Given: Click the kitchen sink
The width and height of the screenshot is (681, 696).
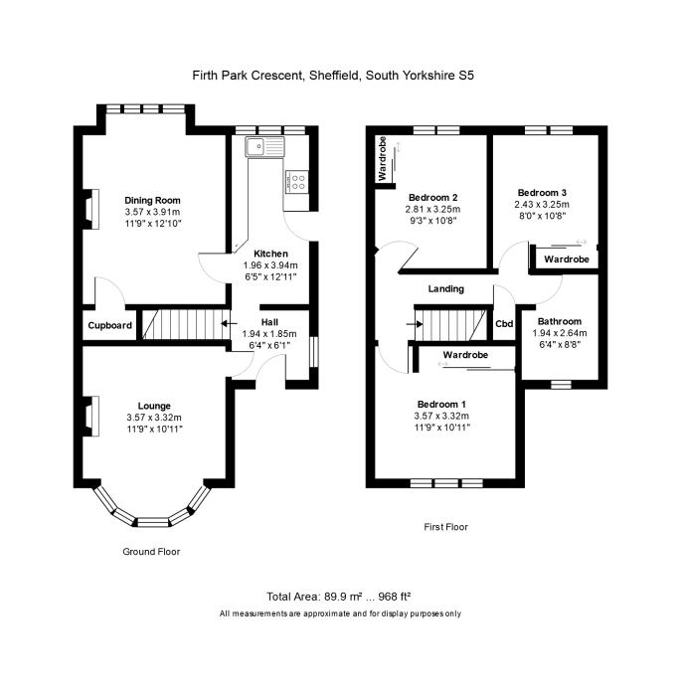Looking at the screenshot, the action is coord(265,146).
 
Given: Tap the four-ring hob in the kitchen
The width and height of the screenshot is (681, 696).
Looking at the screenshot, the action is coord(297,182).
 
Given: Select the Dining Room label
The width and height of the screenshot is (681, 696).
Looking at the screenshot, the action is coord(152,200).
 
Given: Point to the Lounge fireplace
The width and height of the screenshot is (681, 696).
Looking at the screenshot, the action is coord(90,417).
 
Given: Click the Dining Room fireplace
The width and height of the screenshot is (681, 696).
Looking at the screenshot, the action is coord(90,209).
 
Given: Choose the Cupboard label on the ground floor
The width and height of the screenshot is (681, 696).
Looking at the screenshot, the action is coord(109,325).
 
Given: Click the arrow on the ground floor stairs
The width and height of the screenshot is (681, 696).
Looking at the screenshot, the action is coord(229,323).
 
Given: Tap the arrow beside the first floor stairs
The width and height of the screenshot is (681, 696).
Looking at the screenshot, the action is coord(415,324).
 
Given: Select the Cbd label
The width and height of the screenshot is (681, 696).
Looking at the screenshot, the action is coord(504,323).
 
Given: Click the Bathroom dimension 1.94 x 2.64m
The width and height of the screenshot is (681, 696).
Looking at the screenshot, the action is coord(560,333).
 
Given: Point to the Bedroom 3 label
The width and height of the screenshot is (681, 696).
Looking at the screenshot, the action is coord(542,193).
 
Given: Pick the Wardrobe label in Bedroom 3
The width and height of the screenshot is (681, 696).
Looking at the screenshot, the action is coord(567,260).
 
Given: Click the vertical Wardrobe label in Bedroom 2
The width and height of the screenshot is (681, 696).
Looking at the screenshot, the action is coord(382,158).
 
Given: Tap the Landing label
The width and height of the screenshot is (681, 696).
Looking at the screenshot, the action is coord(446,289).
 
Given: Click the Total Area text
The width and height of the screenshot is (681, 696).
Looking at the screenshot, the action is coord(338,597).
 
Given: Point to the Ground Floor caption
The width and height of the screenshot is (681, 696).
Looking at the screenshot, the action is coord(151,552).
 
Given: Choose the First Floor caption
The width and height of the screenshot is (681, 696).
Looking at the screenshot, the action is coord(445,527).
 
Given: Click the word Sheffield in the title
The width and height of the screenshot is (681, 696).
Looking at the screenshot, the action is coord(335,76).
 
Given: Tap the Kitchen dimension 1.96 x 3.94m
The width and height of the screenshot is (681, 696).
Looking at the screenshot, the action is coord(270,265).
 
